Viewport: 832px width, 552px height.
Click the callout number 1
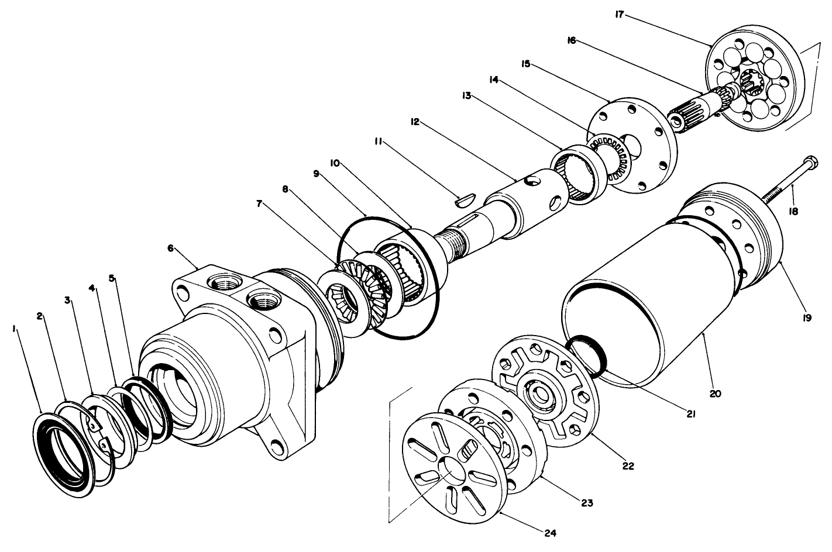pos(13,330)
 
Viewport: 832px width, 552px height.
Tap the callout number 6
pos(170,248)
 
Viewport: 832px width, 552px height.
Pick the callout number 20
pos(715,394)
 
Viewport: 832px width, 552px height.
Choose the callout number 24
pos(550,533)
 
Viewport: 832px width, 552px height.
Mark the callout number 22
pos(628,466)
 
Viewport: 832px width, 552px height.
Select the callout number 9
pos(316,174)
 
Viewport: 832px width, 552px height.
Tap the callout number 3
pos(68,300)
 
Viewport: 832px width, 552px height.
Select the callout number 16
pos(571,40)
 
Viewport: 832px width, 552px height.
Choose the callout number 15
pos(526,63)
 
